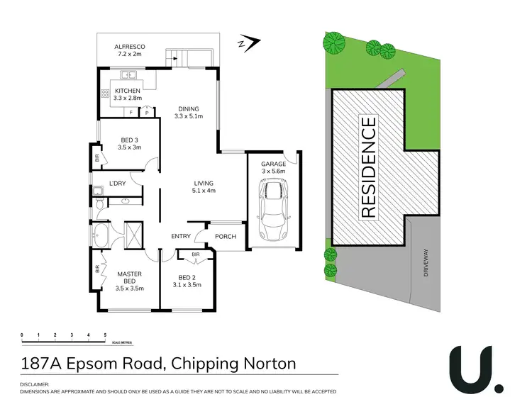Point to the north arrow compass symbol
point(246,44)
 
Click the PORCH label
point(226,237)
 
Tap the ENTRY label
point(182,237)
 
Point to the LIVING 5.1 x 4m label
point(204,187)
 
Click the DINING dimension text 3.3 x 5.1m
point(189,116)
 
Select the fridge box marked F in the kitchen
point(131,112)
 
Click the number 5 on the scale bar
point(105,334)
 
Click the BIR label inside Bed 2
point(195,253)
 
